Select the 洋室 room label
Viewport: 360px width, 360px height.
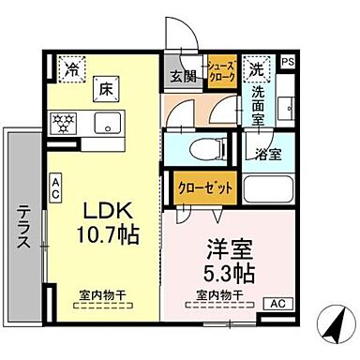[x=224, y=252]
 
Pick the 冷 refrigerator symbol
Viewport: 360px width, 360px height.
[x=71, y=67]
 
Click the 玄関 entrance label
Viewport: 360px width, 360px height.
[x=183, y=77]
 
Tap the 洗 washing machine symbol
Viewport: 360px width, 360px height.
[x=255, y=67]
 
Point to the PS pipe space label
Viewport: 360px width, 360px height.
[x=287, y=62]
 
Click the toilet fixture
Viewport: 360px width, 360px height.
[x=196, y=147]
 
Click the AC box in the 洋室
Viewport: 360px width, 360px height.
[x=277, y=304]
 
